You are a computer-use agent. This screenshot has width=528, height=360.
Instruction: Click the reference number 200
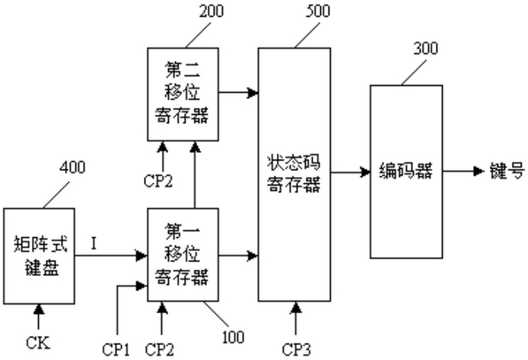pyautogui.click(x=211, y=11)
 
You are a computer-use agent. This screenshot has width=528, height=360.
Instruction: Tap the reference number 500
pyautogui.click(x=318, y=11)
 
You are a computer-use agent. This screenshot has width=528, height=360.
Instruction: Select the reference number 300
pyautogui.click(x=425, y=48)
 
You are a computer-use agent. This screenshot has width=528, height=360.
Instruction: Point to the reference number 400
pyautogui.click(x=73, y=167)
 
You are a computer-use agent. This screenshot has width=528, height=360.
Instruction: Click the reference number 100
pyautogui.click(x=233, y=337)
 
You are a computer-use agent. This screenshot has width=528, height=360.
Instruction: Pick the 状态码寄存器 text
pyautogui.click(x=294, y=173)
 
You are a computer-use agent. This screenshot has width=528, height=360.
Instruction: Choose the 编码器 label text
pyautogui.click(x=406, y=171)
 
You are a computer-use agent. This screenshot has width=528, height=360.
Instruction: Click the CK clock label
pyautogui.click(x=38, y=343)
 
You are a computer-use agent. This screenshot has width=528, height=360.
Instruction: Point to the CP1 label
pyautogui.click(x=116, y=349)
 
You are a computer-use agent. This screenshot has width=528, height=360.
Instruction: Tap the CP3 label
pyautogui.click(x=296, y=349)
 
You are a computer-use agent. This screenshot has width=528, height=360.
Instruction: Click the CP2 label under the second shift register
pyautogui.click(x=158, y=181)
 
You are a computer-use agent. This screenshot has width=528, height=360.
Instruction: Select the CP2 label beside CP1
pyautogui.click(x=159, y=349)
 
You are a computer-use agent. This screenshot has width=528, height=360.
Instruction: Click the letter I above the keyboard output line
pyautogui.click(x=94, y=243)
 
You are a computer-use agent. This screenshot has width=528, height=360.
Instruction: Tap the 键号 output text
pyautogui.click(x=507, y=171)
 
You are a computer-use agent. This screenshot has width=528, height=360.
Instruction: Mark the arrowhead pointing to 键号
pyautogui.click(x=478, y=171)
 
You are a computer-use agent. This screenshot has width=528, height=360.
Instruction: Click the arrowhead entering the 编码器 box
pyautogui.click(x=365, y=172)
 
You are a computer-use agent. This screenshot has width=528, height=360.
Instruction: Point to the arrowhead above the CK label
pyautogui.click(x=39, y=310)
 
